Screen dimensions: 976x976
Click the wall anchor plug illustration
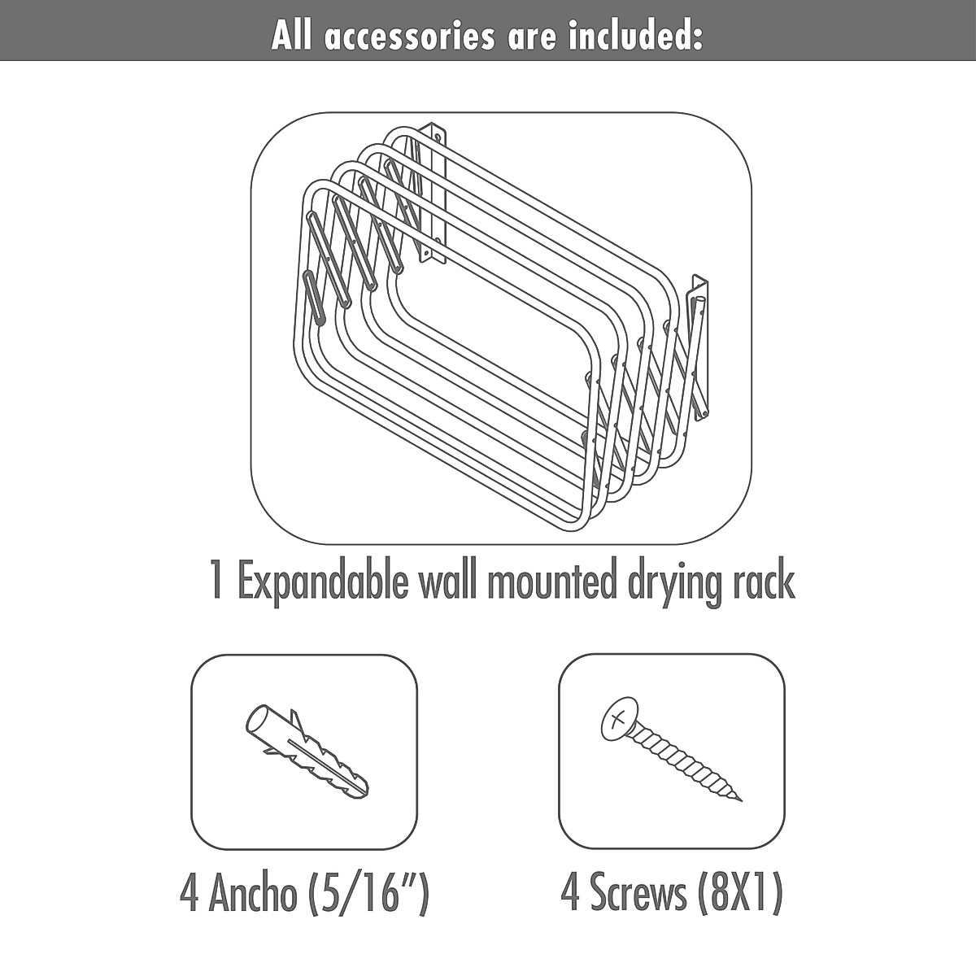(x=306, y=752)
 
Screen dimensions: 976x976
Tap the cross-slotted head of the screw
(x=617, y=718)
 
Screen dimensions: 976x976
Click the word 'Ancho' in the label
(x=252, y=895)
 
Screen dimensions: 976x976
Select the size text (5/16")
(x=368, y=895)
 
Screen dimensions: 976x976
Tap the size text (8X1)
(x=740, y=894)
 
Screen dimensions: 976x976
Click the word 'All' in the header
(x=292, y=37)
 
